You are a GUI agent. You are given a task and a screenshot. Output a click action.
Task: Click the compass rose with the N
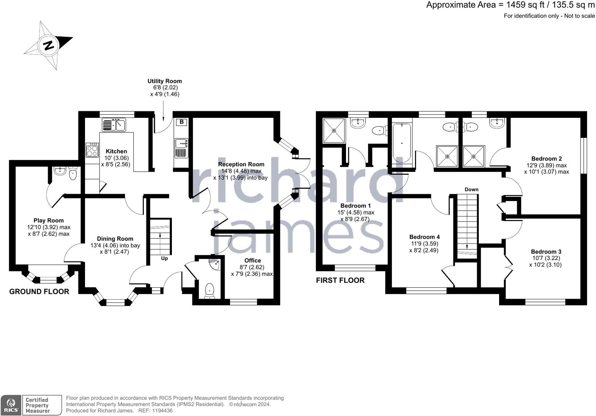point(48,45)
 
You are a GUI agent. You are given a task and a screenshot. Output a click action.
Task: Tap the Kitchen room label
point(116,151)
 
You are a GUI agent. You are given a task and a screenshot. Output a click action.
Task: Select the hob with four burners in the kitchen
point(92,150)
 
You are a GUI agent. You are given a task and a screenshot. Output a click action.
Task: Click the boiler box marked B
point(181,122)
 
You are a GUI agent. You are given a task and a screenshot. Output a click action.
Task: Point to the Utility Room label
point(165,81)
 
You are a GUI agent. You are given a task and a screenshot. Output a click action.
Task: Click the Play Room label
point(48,221)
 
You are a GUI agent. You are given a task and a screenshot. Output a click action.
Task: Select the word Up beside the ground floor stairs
point(164,258)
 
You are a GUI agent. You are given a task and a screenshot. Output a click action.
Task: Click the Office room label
point(253,261)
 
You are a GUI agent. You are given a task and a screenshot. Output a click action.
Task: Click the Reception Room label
point(241,164)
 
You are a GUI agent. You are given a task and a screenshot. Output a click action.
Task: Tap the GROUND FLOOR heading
point(39,292)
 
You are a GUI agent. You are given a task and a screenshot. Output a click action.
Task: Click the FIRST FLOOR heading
point(340,280)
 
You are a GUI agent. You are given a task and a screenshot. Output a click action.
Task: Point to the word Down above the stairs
point(471,190)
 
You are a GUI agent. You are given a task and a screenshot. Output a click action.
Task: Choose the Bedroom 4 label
point(425,237)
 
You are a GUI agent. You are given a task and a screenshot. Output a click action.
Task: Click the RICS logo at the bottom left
point(10,405)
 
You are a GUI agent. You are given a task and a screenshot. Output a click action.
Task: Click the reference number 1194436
point(163,411)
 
